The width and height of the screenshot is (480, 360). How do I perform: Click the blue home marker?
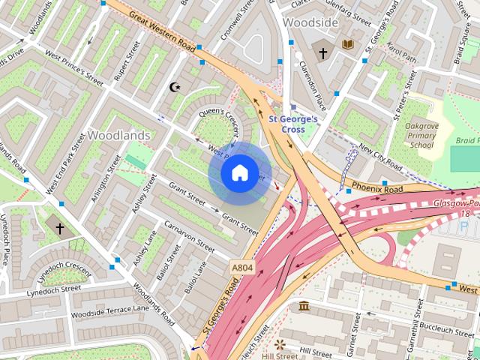[238, 173]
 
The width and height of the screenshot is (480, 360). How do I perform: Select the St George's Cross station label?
[292, 124]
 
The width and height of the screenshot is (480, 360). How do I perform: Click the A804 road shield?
[241, 267]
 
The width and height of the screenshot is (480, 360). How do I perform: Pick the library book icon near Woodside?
[347, 45]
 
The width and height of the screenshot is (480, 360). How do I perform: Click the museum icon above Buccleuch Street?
[305, 307]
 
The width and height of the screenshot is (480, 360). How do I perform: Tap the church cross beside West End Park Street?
[60, 227]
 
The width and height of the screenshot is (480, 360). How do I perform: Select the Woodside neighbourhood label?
[310, 23]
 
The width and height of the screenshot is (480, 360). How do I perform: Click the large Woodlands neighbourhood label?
[118, 136]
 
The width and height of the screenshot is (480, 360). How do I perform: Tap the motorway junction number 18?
[466, 214]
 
